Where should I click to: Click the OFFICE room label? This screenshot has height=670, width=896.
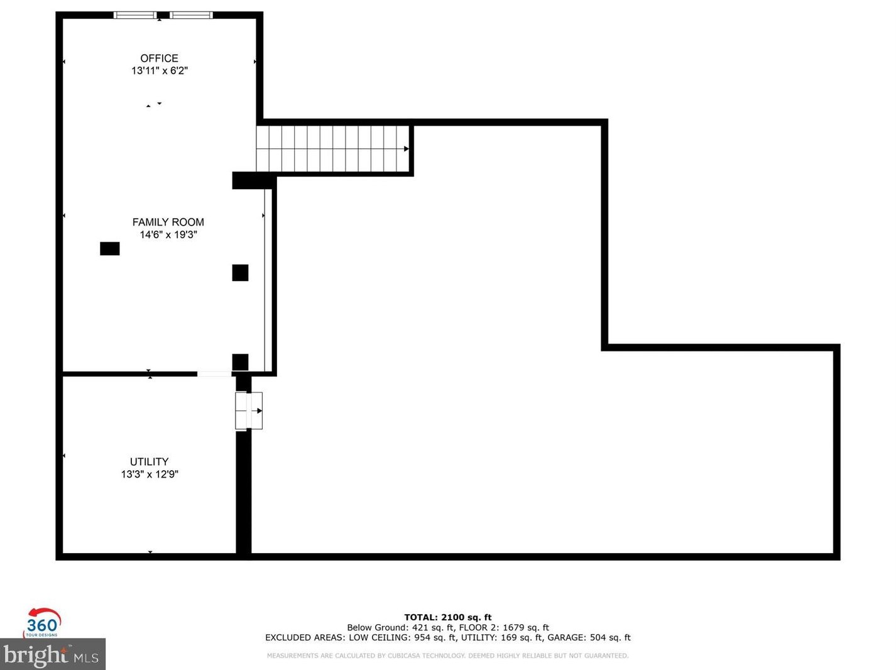(159, 58)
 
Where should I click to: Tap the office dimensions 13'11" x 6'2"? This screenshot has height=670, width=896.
(159, 71)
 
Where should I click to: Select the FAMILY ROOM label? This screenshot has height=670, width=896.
(168, 222)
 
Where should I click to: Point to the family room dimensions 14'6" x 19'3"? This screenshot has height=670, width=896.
(168, 234)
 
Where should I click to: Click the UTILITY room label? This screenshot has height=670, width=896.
(149, 461)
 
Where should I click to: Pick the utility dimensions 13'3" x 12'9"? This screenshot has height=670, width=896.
(150, 475)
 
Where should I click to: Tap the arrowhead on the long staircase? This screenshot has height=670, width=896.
(407, 149)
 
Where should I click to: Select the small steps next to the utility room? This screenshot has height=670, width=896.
(249, 410)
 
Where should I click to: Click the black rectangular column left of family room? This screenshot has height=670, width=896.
(110, 249)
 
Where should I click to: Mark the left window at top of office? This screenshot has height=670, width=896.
(135, 15)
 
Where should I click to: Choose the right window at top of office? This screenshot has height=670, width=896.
(191, 15)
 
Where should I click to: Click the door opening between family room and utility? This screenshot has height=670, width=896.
(214, 374)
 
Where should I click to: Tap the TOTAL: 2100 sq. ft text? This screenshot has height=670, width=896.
(447, 617)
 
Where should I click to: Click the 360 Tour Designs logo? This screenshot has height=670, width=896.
(42, 623)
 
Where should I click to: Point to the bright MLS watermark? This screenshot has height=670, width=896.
(53, 655)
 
